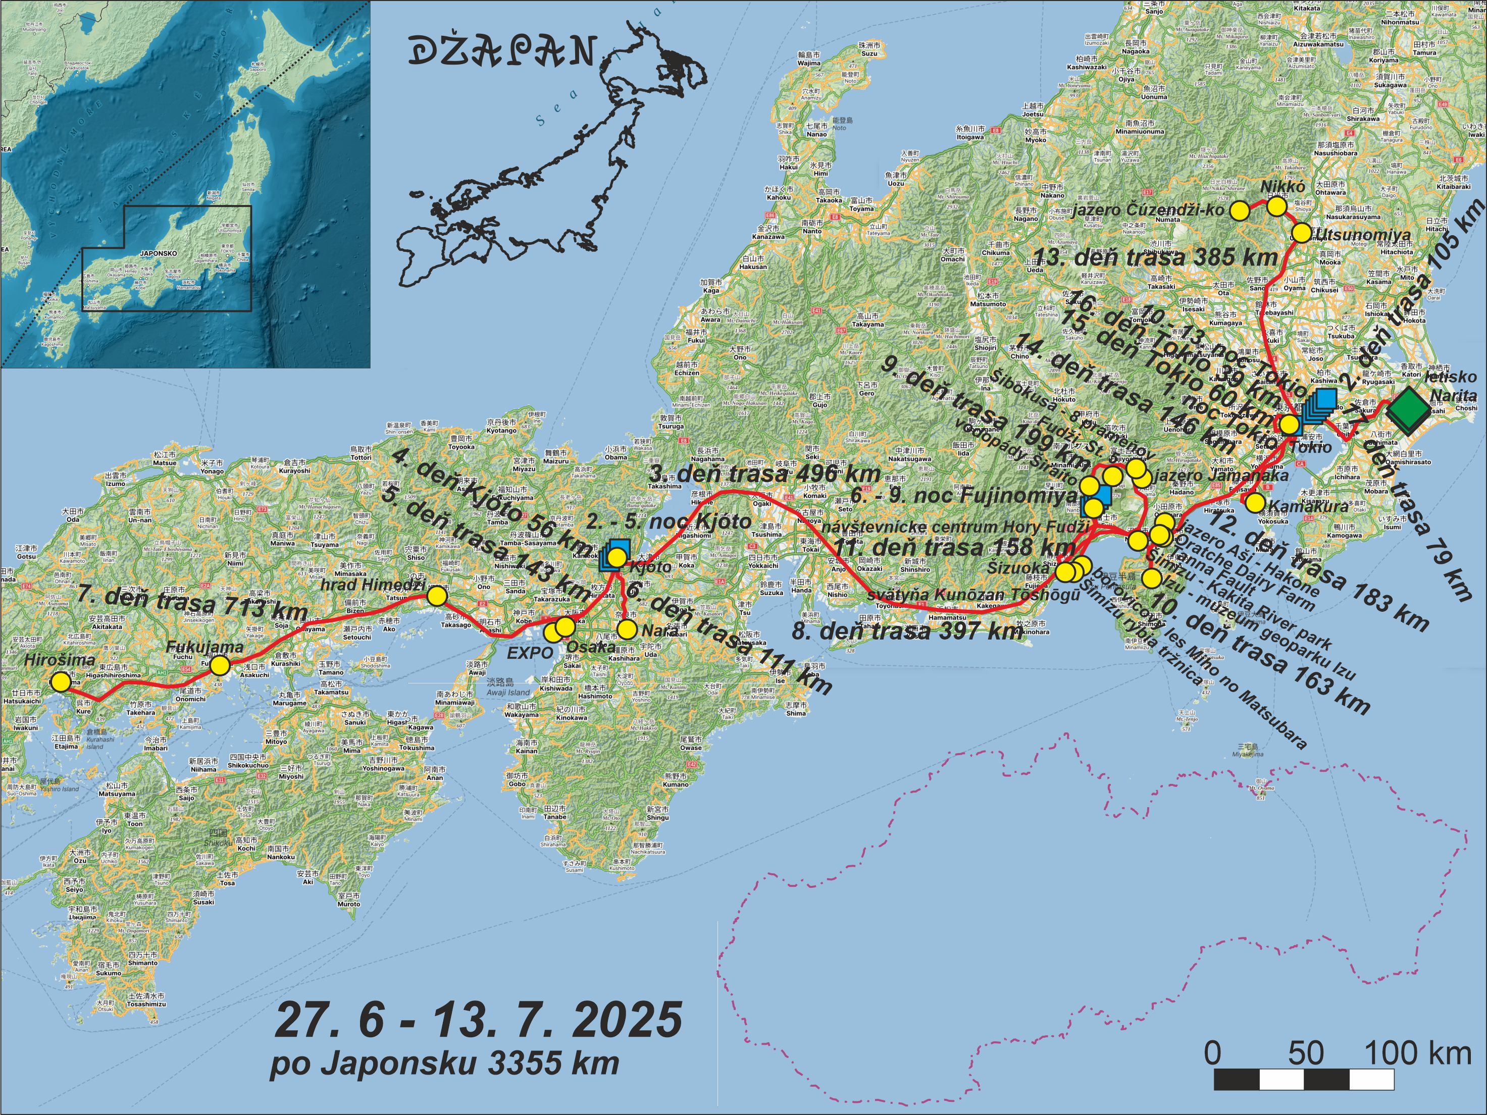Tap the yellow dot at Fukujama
[220, 665]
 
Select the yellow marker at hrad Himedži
[437, 596]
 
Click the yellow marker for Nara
[627, 629]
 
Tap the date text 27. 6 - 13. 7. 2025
[478, 1020]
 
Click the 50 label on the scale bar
[1305, 1053]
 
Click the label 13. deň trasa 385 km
[1155, 257]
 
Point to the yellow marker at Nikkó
[1276, 206]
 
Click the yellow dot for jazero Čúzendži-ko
[1240, 210]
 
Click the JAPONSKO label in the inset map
[159, 254]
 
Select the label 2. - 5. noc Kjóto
[668, 521]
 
